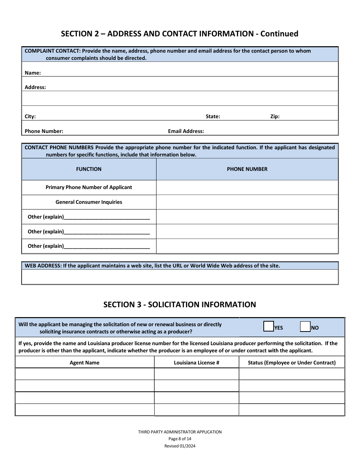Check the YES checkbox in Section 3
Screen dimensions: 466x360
coord(269,327)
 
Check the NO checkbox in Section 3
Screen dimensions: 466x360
coord(305,327)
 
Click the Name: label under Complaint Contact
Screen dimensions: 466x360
coord(33,73)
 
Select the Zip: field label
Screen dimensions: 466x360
coord(275,117)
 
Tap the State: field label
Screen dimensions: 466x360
coord(213,117)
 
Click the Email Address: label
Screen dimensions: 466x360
coord(186,131)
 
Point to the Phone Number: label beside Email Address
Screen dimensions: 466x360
coord(44,131)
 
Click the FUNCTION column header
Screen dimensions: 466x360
coord(89,169)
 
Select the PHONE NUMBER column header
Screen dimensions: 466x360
coord(247,169)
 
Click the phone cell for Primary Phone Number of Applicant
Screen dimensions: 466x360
coord(247,188)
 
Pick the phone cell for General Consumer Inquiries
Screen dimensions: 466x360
coord(247,202)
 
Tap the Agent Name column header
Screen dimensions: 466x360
coord(85,363)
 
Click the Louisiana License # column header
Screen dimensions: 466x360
coord(197,363)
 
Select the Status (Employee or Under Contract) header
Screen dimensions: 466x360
coord(292,363)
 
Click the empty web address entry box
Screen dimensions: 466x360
coord(180,277)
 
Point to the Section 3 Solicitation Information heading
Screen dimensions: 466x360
coord(180,305)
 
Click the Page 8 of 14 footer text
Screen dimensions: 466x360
coord(180,439)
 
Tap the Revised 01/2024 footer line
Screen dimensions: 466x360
coord(180,446)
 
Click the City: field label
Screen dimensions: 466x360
coord(30,117)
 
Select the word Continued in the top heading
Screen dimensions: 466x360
coord(279,34)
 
